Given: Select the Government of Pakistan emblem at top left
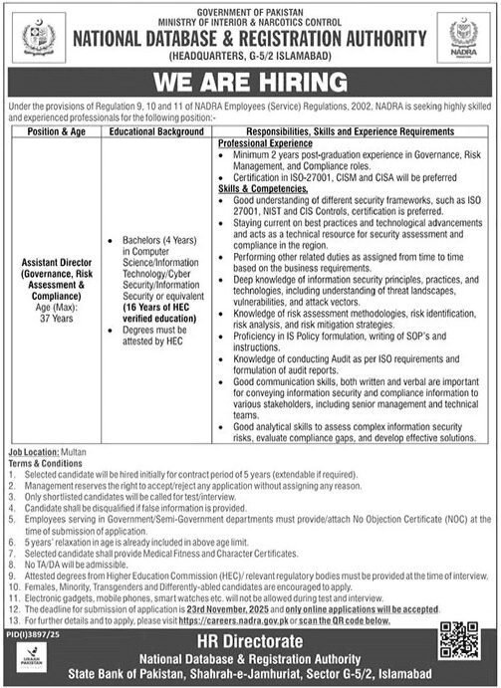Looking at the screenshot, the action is [x=39, y=38].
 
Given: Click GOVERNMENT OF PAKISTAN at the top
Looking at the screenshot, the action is [x=251, y=9].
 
